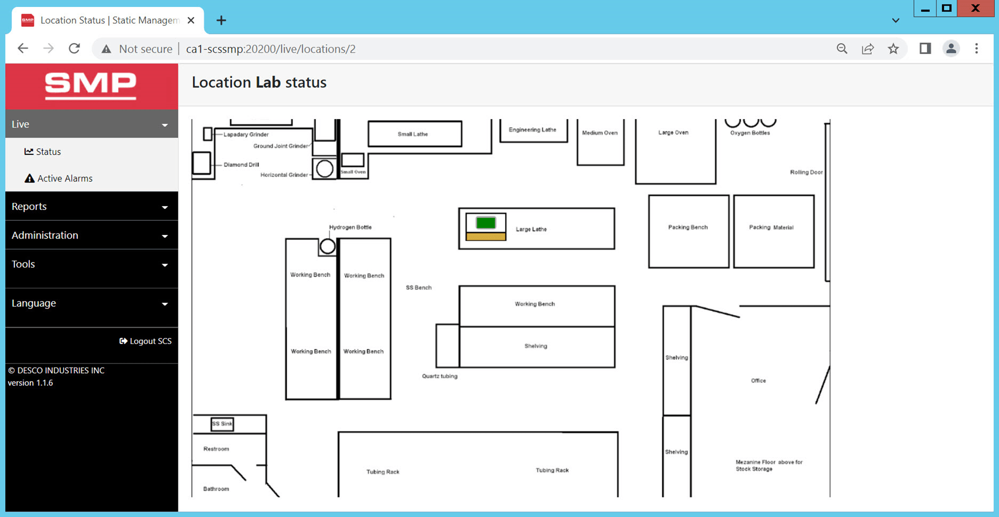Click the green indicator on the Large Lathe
[486, 223]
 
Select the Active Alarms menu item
[64, 178]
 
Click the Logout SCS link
[145, 341]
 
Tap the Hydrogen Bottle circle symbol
[327, 246]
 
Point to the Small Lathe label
[413, 134]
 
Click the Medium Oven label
[599, 133]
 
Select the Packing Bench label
[688, 227]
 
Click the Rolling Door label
[806, 172]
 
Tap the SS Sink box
[222, 424]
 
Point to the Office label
[758, 380]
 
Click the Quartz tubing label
[440, 376]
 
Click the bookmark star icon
[893, 48]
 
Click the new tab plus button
[221, 20]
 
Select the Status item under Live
[48, 151]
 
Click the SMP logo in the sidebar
[91, 85]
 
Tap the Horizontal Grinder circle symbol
[325, 169]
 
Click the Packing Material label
[771, 227]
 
